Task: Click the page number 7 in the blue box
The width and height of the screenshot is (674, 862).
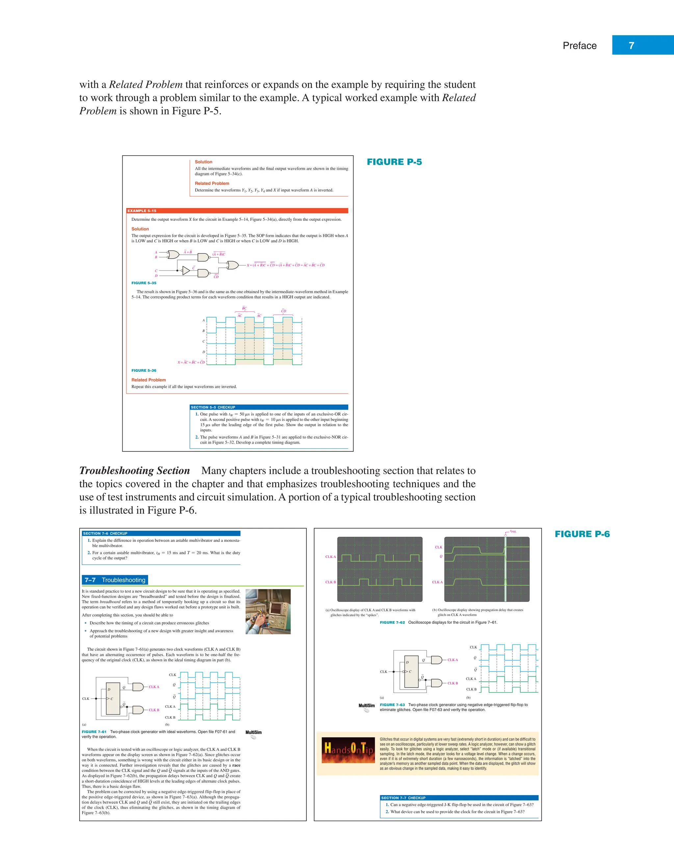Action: [631, 45]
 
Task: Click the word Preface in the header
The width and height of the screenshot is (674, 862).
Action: [579, 46]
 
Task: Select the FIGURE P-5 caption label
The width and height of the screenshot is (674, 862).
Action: [394, 162]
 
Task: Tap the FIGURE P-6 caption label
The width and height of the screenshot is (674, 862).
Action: [582, 534]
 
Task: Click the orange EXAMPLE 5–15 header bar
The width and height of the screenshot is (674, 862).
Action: [237, 211]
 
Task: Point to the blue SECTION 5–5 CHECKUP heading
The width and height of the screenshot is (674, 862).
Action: [213, 407]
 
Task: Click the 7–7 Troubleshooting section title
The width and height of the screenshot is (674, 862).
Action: [115, 580]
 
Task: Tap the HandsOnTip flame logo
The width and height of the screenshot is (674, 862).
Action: [348, 750]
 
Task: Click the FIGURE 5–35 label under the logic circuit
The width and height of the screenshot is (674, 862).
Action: [144, 283]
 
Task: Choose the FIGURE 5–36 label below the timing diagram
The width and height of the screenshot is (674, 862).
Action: [144, 370]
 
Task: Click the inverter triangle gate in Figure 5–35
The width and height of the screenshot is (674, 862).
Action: [186, 271]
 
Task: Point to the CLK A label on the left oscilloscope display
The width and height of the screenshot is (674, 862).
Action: [330, 557]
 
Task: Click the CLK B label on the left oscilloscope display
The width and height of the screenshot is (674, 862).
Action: [330, 582]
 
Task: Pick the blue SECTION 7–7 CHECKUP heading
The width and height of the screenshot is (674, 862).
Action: [403, 798]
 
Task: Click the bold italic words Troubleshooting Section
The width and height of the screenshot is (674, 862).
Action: [135, 470]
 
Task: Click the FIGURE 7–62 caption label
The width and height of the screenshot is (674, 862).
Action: [392, 622]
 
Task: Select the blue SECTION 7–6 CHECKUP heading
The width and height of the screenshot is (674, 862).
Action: [105, 533]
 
